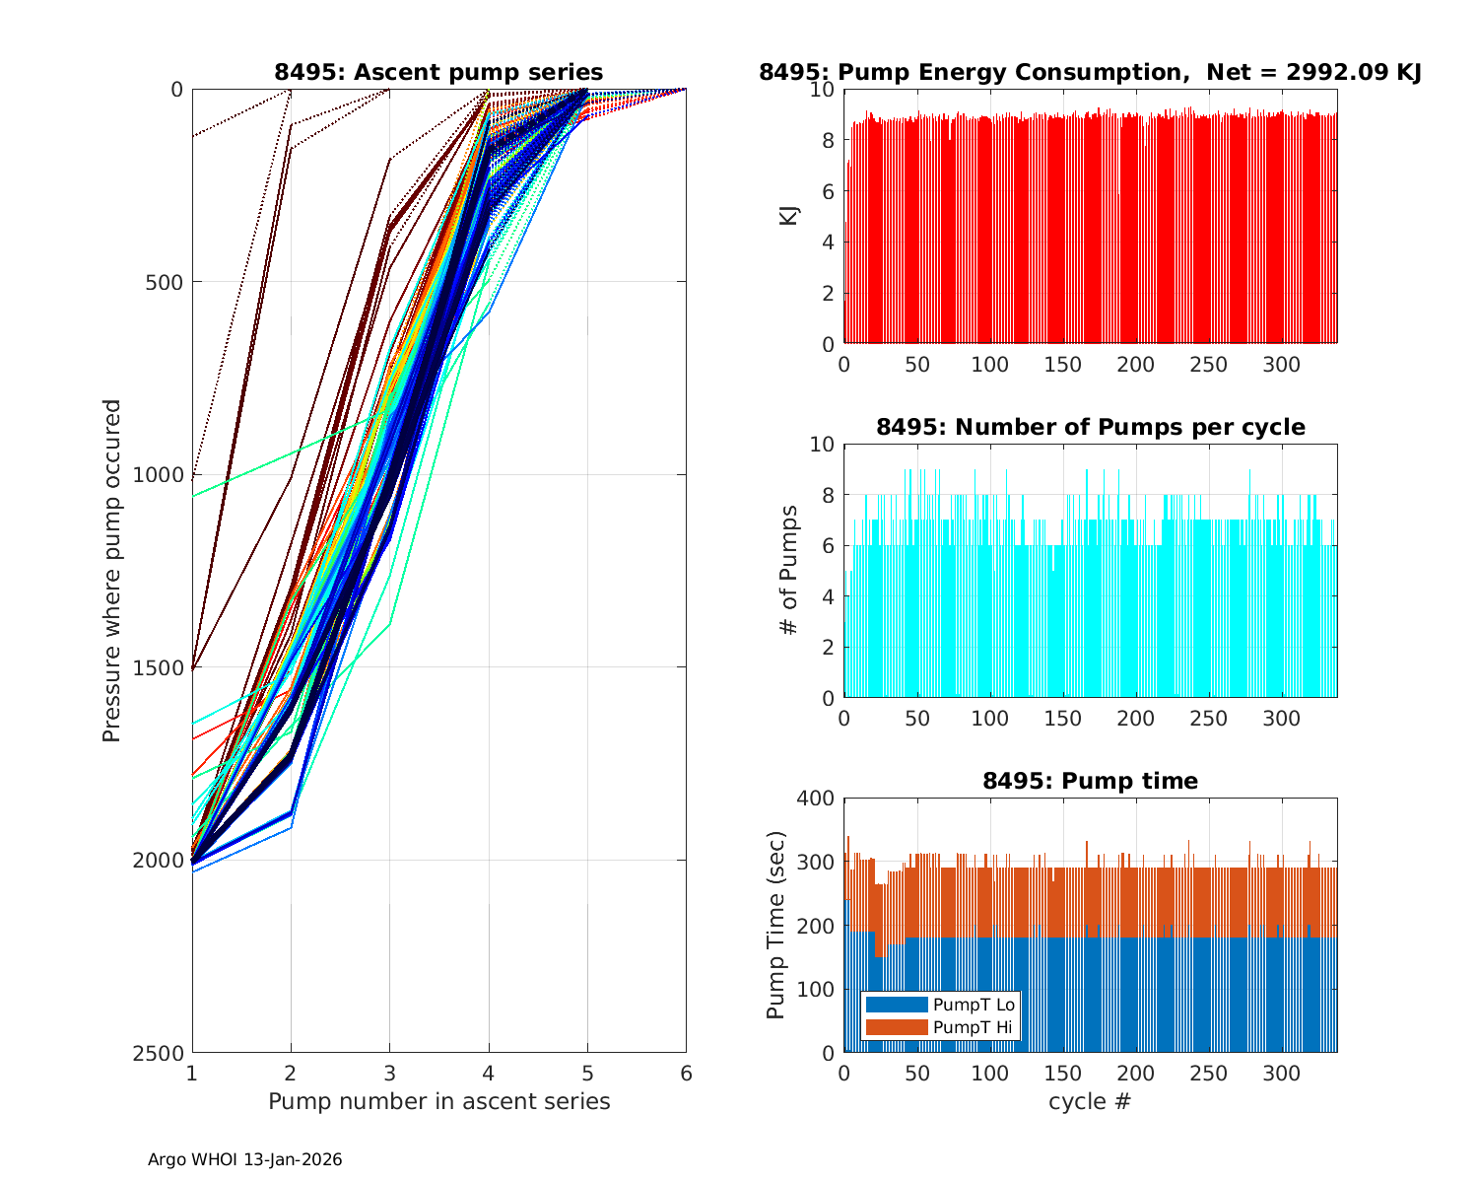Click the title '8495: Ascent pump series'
coord(438,72)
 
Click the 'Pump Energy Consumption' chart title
coord(1090,72)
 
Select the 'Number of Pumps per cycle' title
coord(1090,427)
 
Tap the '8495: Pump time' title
coord(1090,781)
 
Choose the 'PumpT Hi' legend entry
coord(973,1027)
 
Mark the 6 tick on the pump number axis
coord(686,1074)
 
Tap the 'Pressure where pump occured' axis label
coord(112,570)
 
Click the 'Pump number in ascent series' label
coord(438,1101)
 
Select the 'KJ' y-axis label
coord(789,216)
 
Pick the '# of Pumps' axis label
coord(789,571)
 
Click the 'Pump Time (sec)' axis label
coord(776,925)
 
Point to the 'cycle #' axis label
coord(1090,1101)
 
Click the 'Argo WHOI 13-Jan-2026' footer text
coord(244,1159)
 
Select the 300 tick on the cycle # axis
coord(1282,1074)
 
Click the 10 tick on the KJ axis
coord(823,90)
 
